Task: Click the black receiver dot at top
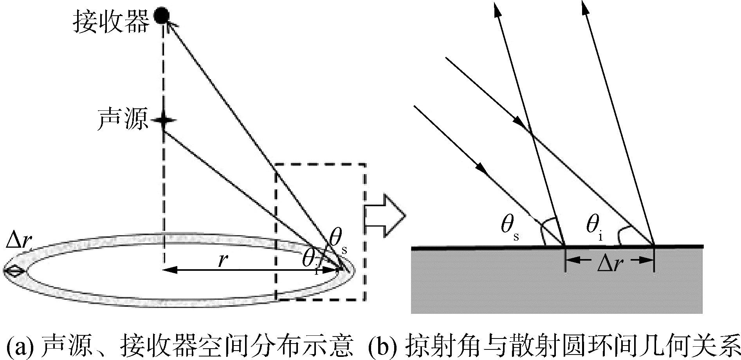tap(161, 15)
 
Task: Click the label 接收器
tap(111, 22)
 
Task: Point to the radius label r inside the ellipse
tap(223, 260)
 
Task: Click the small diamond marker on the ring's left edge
tap(14, 271)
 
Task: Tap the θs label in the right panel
tap(510, 229)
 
